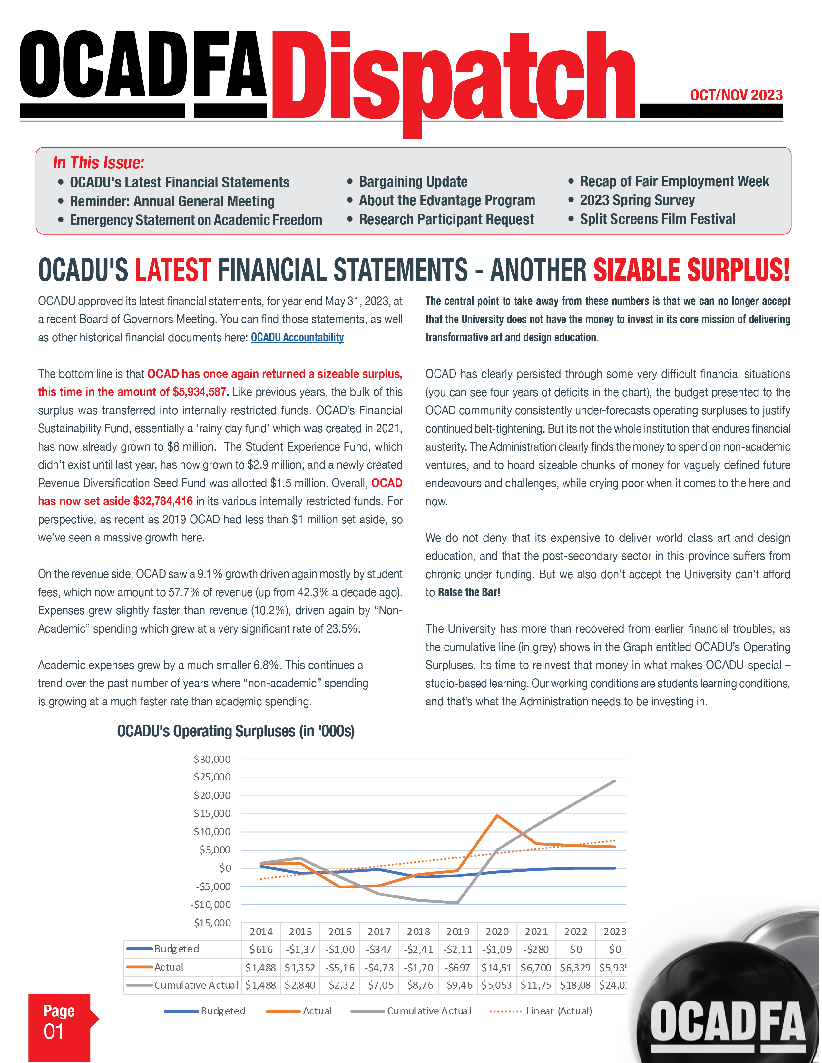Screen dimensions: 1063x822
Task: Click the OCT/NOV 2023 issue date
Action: (736, 95)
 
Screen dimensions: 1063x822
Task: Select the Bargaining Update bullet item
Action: (413, 182)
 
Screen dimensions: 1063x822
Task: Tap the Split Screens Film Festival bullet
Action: (657, 219)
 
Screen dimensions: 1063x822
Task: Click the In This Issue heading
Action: (98, 163)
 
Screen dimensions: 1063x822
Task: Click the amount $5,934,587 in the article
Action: (199, 392)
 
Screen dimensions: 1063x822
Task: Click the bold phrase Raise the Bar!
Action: (469, 592)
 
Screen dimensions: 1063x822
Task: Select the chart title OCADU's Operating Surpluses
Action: (236, 731)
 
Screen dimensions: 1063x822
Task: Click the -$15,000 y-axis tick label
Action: (210, 923)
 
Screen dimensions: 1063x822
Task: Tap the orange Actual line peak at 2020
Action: (497, 815)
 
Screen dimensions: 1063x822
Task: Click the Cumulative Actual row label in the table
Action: (196, 985)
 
